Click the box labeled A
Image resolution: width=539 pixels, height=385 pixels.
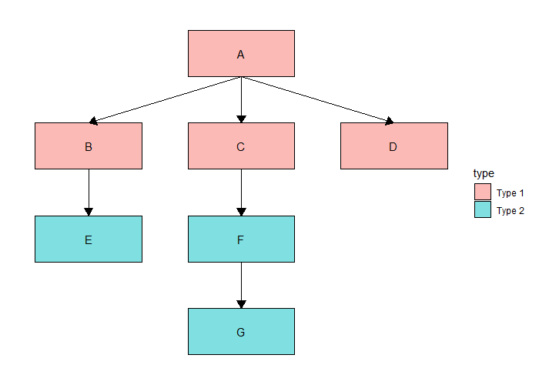pyautogui.click(x=241, y=54)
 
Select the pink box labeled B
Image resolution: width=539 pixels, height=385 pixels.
pyautogui.click(x=89, y=146)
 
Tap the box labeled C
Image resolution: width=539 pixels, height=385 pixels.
pyautogui.click(x=241, y=146)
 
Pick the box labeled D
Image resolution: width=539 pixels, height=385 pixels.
pyautogui.click(x=394, y=146)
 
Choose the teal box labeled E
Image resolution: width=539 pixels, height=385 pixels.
pyautogui.click(x=89, y=239)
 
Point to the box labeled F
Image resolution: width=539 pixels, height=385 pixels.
pyautogui.click(x=241, y=239)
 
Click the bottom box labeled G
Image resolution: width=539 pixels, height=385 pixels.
pyautogui.click(x=241, y=331)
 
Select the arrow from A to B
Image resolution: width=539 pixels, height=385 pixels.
pyautogui.click(x=165, y=99)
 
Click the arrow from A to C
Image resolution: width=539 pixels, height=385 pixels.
pyautogui.click(x=241, y=99)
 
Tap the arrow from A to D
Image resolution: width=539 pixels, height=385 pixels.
pyautogui.click(x=317, y=99)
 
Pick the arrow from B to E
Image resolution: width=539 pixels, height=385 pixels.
pyautogui.click(x=89, y=192)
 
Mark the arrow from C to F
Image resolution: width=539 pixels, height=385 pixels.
pyautogui.click(x=241, y=192)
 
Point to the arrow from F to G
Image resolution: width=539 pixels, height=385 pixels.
pyautogui.click(x=241, y=285)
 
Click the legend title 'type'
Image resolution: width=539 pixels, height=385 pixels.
pyautogui.click(x=484, y=173)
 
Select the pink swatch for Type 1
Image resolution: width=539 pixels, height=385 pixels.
pyautogui.click(x=483, y=192)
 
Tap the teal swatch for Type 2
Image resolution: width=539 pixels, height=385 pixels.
pyautogui.click(x=483, y=209)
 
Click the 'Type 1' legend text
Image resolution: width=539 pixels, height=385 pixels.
pyautogui.click(x=510, y=193)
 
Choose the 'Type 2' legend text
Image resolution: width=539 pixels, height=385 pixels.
pyautogui.click(x=510, y=211)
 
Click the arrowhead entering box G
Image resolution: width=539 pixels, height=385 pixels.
pyautogui.click(x=241, y=304)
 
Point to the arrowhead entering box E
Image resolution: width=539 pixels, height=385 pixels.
pyautogui.click(x=89, y=212)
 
